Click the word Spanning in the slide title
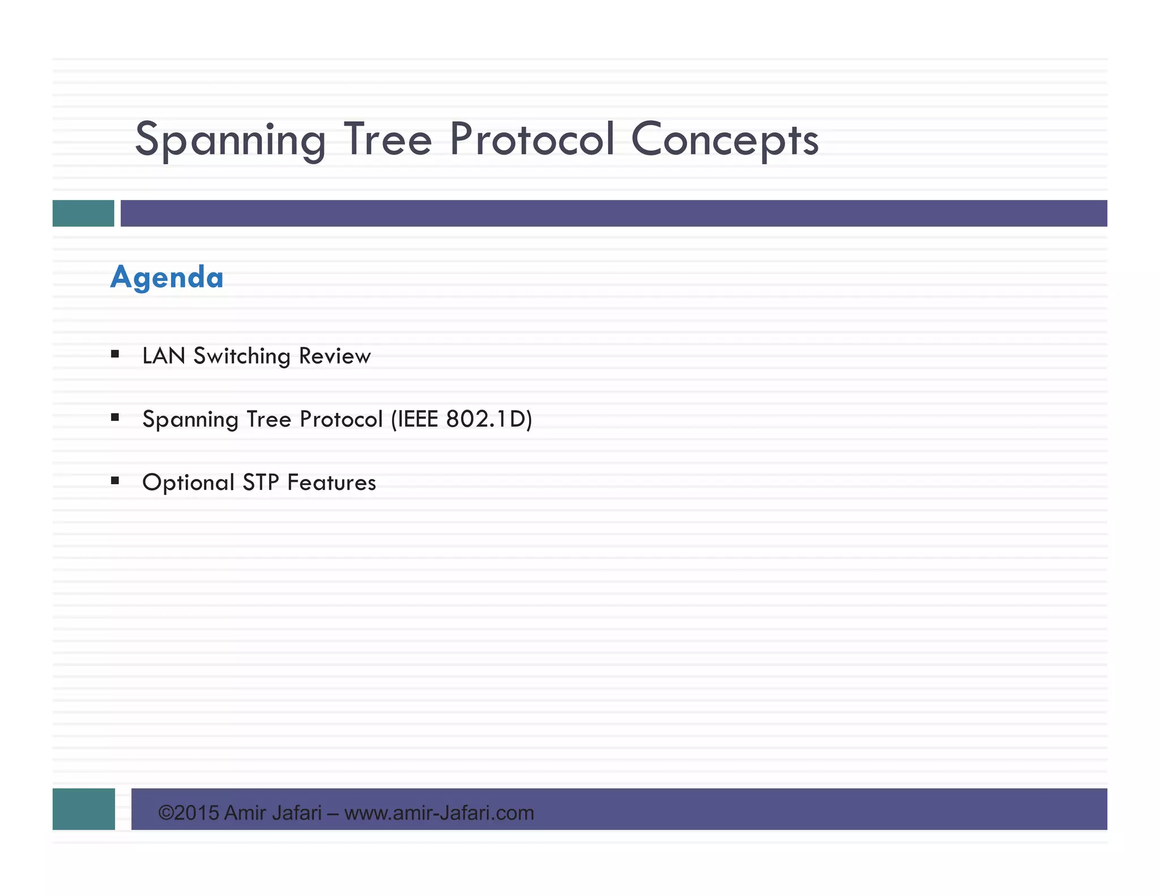click(230, 140)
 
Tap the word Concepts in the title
click(724, 140)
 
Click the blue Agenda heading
click(167, 278)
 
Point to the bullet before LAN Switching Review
click(115, 355)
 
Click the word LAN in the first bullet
click(164, 356)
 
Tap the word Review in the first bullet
click(335, 356)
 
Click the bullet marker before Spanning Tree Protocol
click(115, 418)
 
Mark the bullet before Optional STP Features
click(115, 481)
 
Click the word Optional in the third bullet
click(188, 483)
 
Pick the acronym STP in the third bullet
click(261, 483)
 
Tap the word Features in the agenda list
click(331, 483)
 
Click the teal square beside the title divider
click(83, 214)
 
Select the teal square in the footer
click(84, 809)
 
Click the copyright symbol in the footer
click(165, 813)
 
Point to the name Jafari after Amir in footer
click(297, 813)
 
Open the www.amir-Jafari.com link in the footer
click(439, 813)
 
